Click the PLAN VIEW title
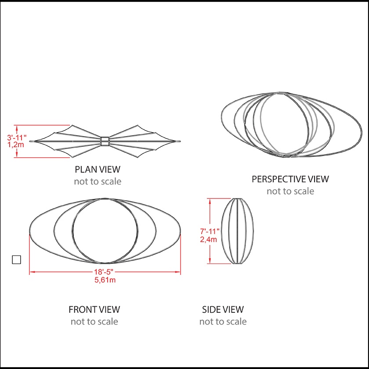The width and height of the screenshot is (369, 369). click(98, 169)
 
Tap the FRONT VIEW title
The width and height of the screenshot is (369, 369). click(94, 310)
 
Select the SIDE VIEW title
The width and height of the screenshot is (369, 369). click(223, 310)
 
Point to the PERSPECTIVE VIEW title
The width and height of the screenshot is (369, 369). click(290, 179)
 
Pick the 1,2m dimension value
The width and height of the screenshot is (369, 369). click(17, 145)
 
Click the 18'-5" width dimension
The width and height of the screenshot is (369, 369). click(105, 273)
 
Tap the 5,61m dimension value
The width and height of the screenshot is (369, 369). click(105, 280)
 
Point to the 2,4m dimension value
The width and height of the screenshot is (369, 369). click(209, 239)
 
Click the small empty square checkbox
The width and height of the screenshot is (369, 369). click(16, 259)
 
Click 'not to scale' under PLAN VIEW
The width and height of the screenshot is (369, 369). click(98, 181)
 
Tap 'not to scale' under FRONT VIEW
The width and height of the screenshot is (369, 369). click(94, 322)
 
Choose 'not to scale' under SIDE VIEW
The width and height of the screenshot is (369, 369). click(223, 322)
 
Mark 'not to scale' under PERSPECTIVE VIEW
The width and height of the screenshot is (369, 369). click(290, 191)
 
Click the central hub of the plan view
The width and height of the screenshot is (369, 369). click(105, 141)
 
